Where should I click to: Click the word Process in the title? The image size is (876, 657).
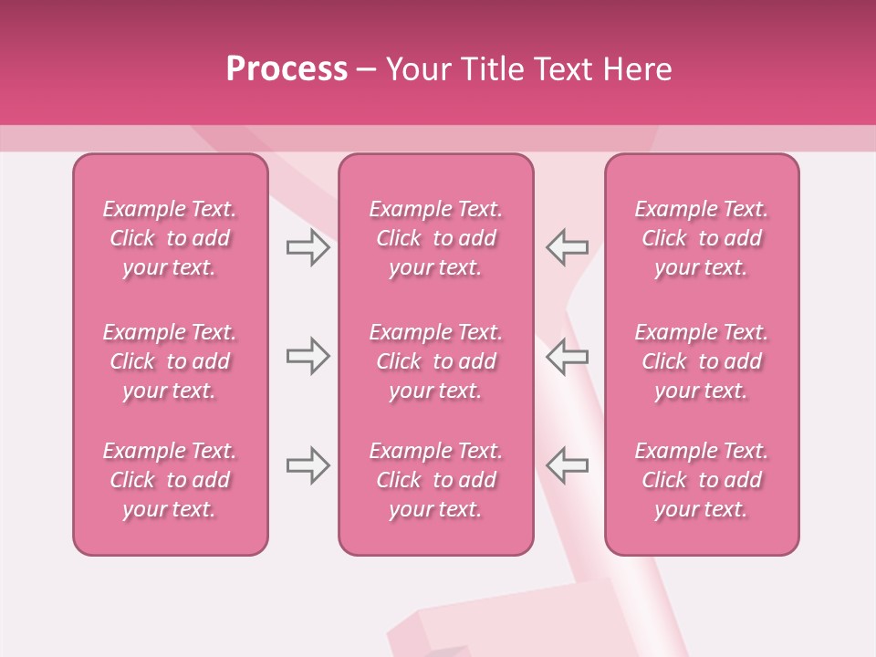point(287,69)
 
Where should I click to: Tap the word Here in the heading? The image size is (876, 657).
point(638,69)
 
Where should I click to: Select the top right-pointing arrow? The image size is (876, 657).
point(308,246)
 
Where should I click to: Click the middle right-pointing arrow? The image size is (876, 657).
point(308,356)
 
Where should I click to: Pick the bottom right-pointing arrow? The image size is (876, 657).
point(308,465)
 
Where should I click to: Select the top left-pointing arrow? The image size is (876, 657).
point(568,246)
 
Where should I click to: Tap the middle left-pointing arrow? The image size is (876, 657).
point(568,356)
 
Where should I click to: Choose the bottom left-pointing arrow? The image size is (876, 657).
point(568,465)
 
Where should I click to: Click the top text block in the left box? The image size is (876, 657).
point(170,238)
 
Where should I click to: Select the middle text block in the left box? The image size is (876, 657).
point(170,361)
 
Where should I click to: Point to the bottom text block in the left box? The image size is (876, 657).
point(170,480)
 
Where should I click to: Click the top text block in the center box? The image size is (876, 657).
point(435,238)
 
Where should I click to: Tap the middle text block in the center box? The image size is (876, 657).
point(435,361)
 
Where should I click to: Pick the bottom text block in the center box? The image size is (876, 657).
point(435,480)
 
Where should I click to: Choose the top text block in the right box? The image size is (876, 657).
point(701,238)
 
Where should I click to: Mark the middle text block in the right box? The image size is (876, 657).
point(701,361)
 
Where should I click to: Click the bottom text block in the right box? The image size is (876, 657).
point(701,480)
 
